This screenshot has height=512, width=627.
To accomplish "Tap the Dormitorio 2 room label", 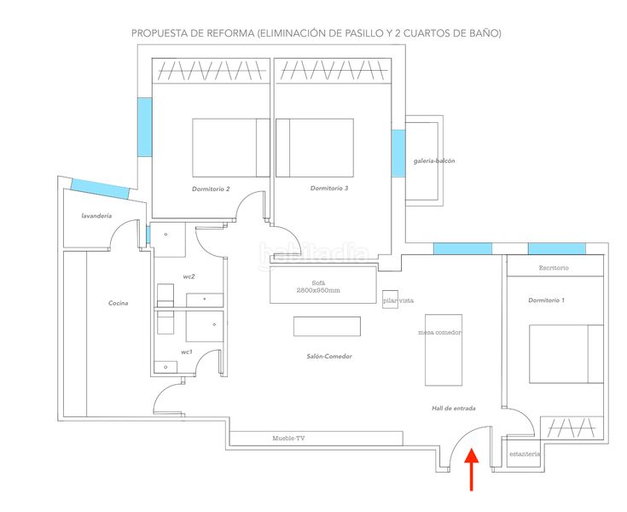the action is pos(211,189).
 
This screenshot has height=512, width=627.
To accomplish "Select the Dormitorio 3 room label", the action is pos(329,188).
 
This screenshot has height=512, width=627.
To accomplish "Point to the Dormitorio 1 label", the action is pos(546,300).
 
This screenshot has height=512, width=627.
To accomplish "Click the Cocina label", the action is pos(119,303).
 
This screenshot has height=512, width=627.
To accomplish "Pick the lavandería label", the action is pos(96,216).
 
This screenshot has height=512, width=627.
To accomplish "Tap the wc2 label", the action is pos(189,276).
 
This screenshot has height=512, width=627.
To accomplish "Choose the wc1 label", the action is pos(187,352).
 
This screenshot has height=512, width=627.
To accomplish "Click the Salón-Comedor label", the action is pos(329,357).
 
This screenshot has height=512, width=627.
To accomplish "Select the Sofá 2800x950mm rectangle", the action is pos(323,285).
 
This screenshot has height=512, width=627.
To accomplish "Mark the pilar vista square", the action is pos(390,300).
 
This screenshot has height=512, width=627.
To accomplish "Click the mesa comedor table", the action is pos(444,350).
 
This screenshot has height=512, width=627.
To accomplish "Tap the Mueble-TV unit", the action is pos(316,439).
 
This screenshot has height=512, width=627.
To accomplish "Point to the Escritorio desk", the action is pos(555,265).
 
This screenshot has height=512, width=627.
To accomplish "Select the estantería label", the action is pos(525,454).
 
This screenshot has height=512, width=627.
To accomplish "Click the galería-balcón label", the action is pos(434,161).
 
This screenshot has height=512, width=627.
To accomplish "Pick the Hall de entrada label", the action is pos(454,409).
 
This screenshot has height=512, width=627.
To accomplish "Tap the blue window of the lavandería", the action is pos(101,189).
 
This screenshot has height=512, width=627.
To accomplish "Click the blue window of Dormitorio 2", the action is pos(145,127).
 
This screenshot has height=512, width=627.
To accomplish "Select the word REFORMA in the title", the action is pos(230,33).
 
